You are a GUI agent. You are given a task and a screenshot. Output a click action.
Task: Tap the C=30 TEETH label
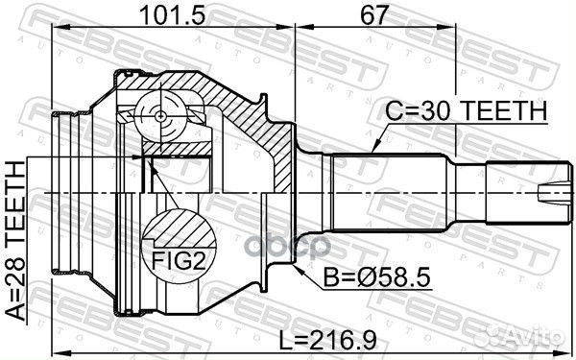(467, 111)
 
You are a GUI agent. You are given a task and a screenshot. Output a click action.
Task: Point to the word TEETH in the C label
(508, 111)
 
